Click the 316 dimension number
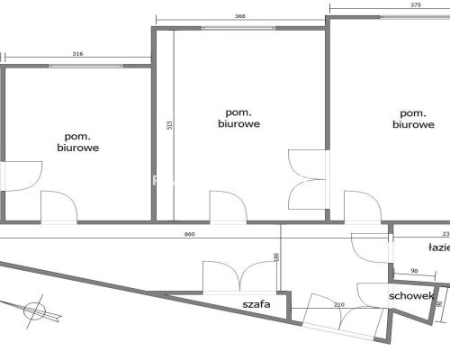[x=77, y=54]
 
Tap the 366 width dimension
[x=239, y=16]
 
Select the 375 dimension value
[x=390, y=4]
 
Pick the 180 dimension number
[x=277, y=259]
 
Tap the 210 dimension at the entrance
[x=338, y=305]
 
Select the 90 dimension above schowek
[x=415, y=271]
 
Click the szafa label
[x=256, y=304]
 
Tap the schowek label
[x=412, y=296]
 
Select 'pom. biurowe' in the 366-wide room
[x=238, y=119]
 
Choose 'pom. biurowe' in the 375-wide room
[x=412, y=119]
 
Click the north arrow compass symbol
[x=35, y=310]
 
